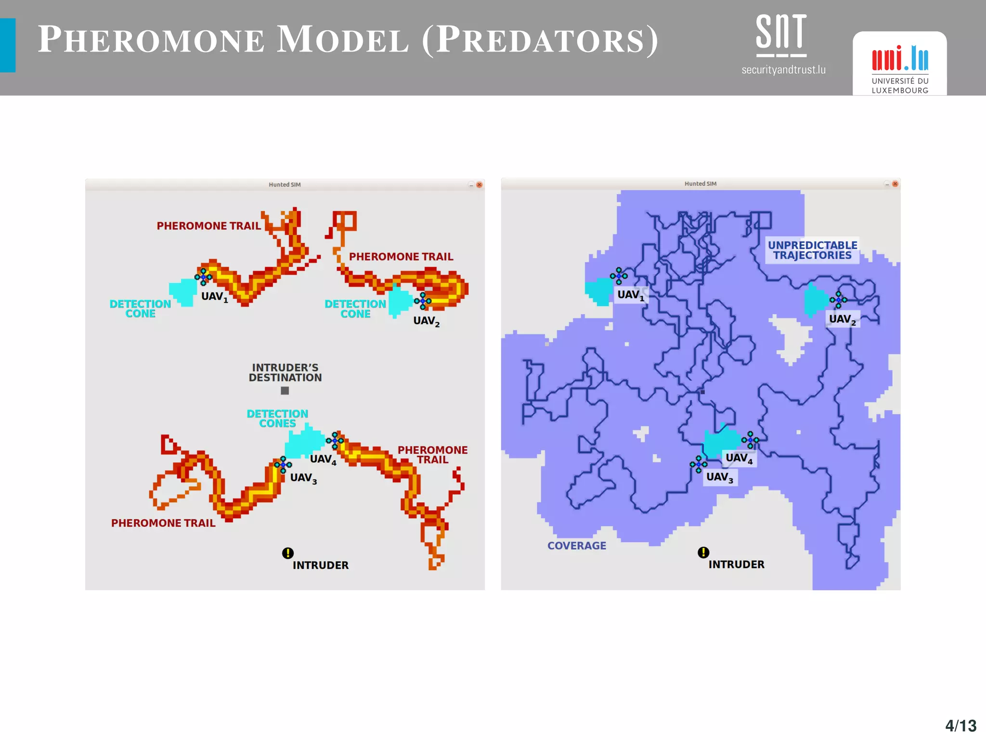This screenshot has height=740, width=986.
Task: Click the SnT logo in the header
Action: click(781, 35)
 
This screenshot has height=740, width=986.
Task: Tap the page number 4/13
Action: click(960, 726)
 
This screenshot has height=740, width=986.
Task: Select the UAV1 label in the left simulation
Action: click(214, 297)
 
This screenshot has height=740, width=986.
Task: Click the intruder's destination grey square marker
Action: click(285, 391)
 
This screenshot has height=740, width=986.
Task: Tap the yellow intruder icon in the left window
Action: click(288, 553)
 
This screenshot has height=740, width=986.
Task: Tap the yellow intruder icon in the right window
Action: click(703, 552)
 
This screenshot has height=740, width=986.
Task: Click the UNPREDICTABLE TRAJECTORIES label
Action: click(812, 251)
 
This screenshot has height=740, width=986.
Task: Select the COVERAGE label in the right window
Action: click(577, 546)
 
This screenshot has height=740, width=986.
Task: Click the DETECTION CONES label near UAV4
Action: click(277, 419)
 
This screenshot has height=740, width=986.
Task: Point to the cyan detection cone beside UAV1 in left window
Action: click(182, 291)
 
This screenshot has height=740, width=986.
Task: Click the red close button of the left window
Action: click(480, 185)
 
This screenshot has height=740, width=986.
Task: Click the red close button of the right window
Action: click(895, 184)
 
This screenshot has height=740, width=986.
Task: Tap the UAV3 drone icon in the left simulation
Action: click(283, 464)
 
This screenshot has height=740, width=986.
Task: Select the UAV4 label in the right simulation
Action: click(739, 458)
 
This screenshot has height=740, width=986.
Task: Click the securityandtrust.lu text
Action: click(783, 70)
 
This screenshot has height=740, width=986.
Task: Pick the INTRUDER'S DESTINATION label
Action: click(285, 373)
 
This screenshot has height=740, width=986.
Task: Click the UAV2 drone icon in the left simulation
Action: click(423, 301)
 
